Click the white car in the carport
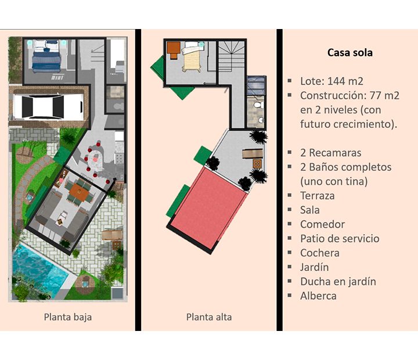pos(49,107)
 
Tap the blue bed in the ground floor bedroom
pos(46,56)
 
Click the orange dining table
pos(79,192)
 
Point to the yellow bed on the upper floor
pos(192,56)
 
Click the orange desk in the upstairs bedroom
pos(173,50)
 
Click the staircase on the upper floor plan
pos(232,56)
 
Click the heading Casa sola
pos(349,52)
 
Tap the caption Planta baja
pos(68,317)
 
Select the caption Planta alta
pos(209,317)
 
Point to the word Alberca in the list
pos(318,296)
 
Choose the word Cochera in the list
pos(320,253)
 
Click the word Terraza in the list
pos(317,196)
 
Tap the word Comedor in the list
pos(322,224)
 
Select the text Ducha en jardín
pos(338,282)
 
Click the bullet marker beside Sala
pos(290,210)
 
